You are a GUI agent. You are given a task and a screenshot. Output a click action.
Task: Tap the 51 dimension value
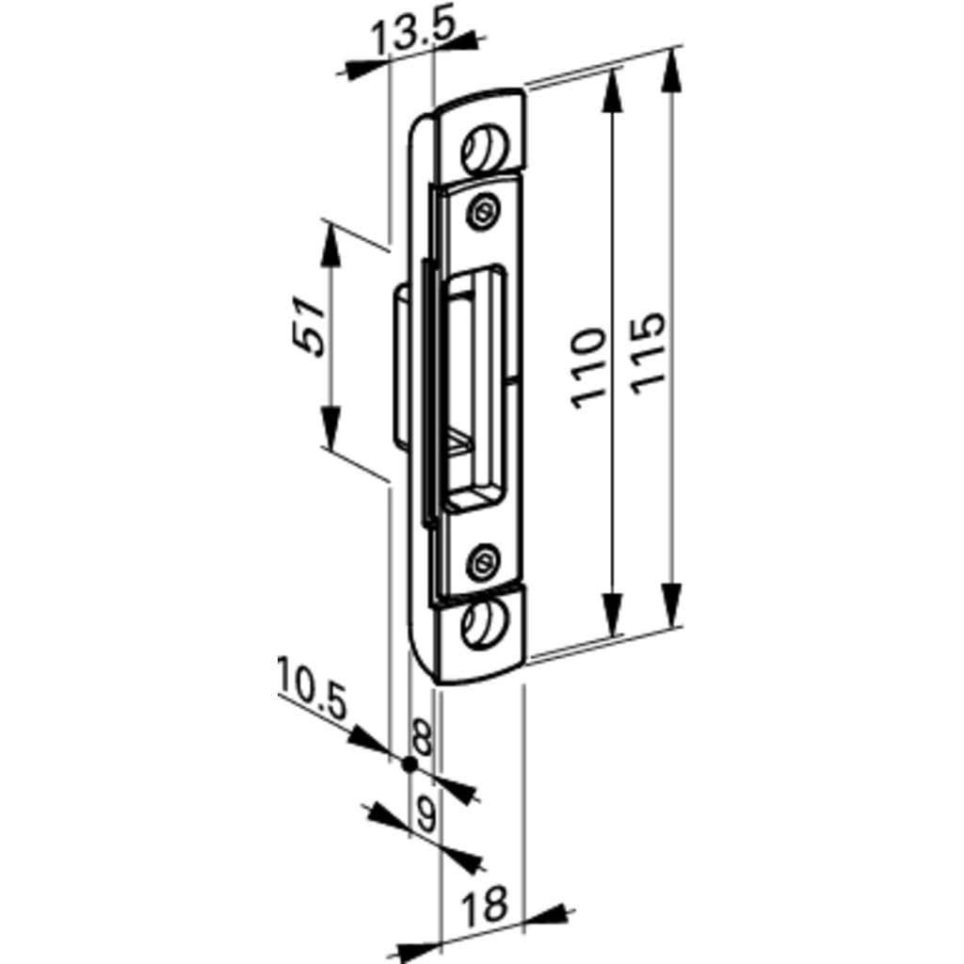(x=310, y=325)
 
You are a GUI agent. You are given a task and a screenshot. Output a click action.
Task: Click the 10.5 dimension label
(x=312, y=688)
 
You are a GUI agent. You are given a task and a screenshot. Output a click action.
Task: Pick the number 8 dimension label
(x=424, y=738)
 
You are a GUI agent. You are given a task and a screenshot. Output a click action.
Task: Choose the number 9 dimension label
(x=426, y=814)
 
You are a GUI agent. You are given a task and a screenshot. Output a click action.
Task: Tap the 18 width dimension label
(x=485, y=905)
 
